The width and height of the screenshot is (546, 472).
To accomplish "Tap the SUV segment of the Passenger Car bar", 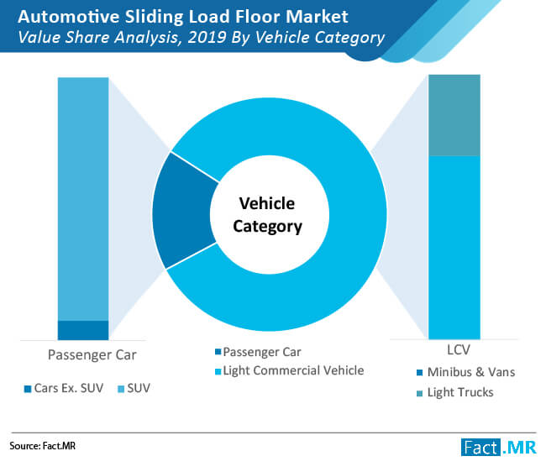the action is pos(83,198).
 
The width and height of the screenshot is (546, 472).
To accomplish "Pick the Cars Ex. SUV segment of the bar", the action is pos(83,330).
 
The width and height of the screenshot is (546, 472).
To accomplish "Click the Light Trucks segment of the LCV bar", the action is pos(454,115).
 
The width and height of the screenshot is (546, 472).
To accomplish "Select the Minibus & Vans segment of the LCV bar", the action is pos(454,248).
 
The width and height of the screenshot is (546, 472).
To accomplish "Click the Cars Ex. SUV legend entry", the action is pos(64,388).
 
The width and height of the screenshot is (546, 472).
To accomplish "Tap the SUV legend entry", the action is pos(134,388).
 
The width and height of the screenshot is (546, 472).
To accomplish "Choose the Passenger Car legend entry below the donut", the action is pos(258,352).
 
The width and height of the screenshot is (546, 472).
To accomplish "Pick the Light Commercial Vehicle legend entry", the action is pos(289,370).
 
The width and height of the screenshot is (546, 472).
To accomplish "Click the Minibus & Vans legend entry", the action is pos(466,372).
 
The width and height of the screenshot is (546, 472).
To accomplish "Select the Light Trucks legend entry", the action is pos(455,392).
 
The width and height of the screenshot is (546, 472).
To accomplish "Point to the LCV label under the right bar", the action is pos(459,350).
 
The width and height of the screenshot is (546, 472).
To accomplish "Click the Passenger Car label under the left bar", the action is pos(92,355).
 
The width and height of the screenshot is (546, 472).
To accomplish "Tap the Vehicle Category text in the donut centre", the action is pos(267,215).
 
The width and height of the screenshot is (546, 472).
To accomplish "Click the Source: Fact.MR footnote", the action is pos(43,446).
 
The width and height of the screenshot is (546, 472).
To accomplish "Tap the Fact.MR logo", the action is pos(499,447).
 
